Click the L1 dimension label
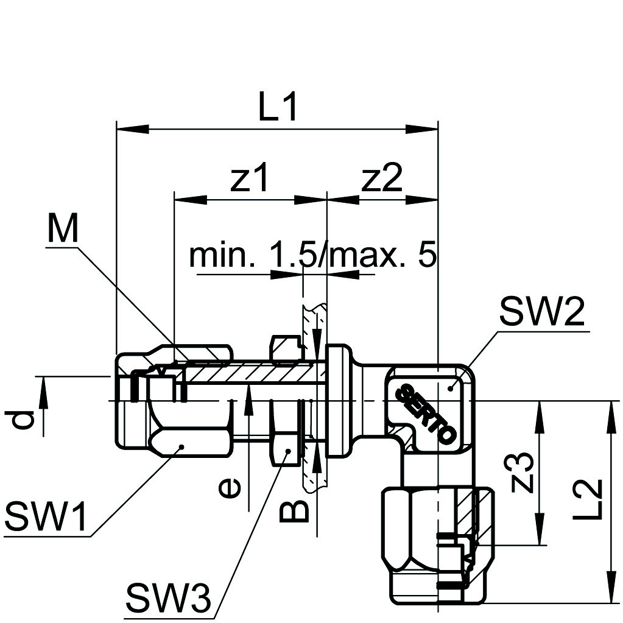point(278,108)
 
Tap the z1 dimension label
point(249,179)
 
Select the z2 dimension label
point(382,179)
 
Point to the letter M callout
point(63,230)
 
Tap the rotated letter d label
point(23,420)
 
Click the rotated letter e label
point(230,487)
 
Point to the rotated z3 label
point(523,473)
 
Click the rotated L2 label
point(590,499)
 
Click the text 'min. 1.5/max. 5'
point(313,256)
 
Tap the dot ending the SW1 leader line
point(181,448)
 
